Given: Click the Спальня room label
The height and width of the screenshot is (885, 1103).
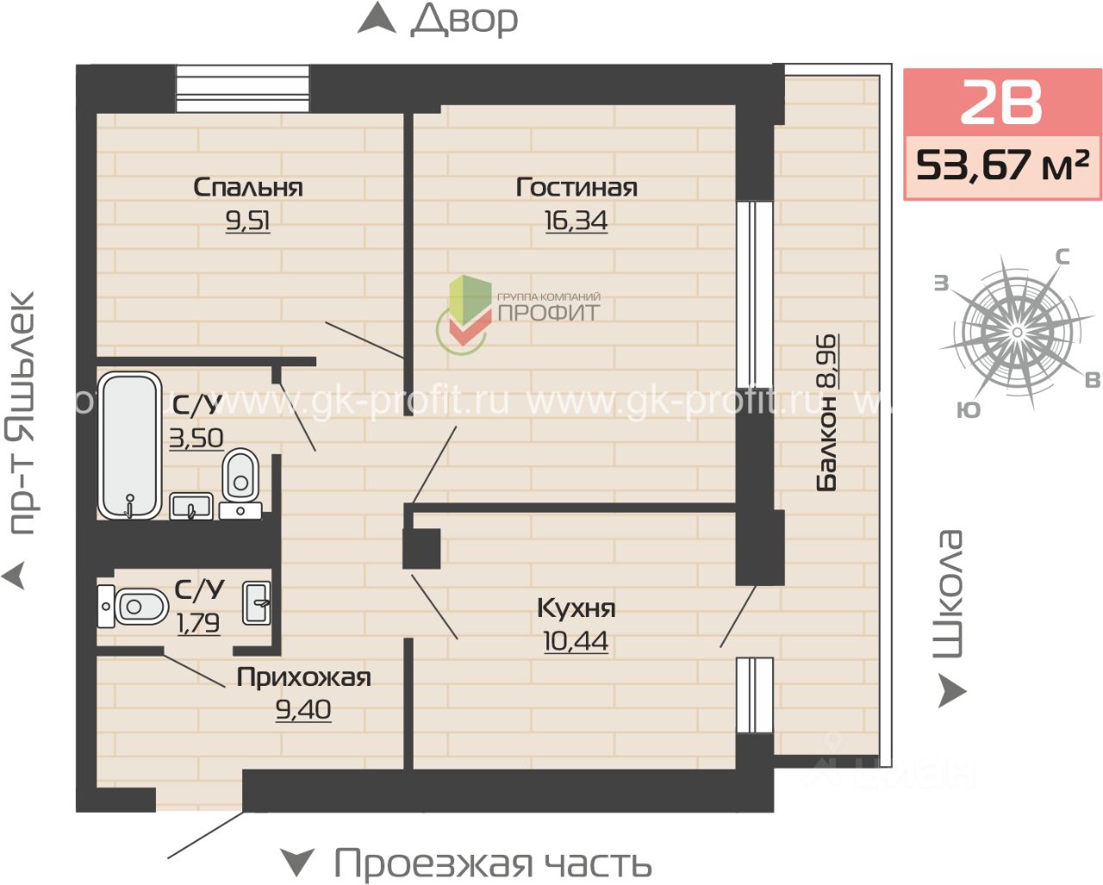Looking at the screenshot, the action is click(x=248, y=187).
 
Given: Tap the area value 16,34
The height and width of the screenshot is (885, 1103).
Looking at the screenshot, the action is click(x=576, y=221).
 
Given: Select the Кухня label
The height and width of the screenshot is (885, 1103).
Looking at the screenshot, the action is click(x=576, y=608).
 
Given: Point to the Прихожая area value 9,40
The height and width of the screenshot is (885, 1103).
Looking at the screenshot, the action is click(x=303, y=710).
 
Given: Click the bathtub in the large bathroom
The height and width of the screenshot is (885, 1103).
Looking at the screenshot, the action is click(x=129, y=446).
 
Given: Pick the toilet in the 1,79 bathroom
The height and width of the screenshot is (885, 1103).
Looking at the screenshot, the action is click(x=133, y=607).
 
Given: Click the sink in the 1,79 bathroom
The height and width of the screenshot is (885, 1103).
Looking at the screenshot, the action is click(x=256, y=603).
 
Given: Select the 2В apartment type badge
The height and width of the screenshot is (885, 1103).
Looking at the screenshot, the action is click(x=1001, y=103).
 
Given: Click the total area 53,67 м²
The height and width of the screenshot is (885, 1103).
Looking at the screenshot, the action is click(x=1002, y=165).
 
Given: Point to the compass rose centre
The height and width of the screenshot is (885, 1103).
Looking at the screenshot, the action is click(x=1017, y=333).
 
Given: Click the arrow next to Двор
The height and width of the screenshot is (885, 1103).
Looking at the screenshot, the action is click(x=377, y=18).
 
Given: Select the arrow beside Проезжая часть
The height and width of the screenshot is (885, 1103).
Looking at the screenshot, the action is click(x=297, y=862).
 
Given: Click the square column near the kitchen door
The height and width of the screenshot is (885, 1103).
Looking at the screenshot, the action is click(x=421, y=549).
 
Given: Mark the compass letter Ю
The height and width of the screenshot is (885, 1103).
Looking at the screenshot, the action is click(x=969, y=409).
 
